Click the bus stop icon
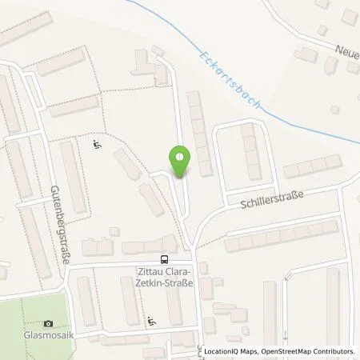coord(165,259)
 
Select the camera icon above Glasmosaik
coord(49,323)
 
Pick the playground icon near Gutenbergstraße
coord(96,145)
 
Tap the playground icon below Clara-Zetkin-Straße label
coord(152,322)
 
